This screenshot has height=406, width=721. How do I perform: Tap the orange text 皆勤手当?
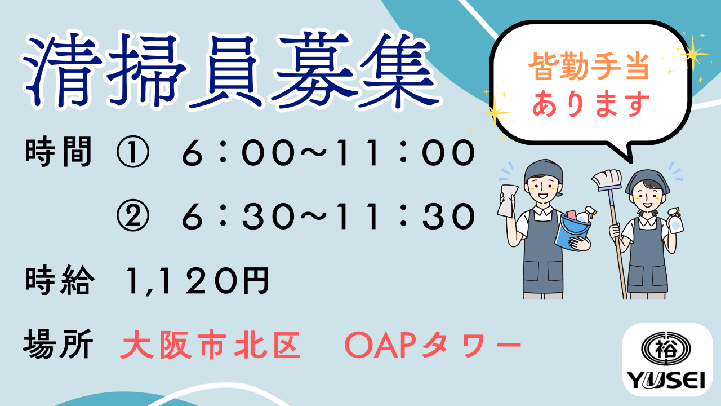click(589, 67)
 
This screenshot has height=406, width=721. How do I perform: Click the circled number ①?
click(132, 152)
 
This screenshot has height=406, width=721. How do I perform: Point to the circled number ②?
click(132, 215)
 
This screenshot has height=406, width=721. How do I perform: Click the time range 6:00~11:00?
click(328, 152)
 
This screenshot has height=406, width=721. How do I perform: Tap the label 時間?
click(59, 152)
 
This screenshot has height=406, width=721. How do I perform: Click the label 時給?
click(60, 280)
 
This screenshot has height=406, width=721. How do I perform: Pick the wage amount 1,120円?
click(197, 281)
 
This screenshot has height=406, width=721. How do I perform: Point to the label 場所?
click(58, 344)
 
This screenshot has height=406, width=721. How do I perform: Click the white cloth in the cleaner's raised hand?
click(508, 200)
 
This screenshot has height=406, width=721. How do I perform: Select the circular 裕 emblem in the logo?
click(666, 349)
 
